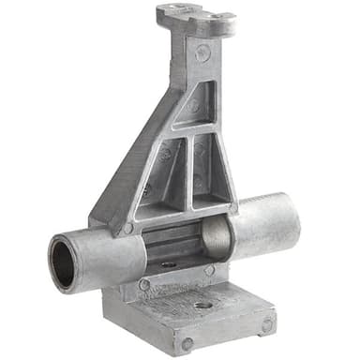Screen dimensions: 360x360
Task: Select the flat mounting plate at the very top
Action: click(195, 16)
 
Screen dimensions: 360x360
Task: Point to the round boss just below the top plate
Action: click(201, 54)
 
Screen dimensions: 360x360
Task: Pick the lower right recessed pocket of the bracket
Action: click(213, 169)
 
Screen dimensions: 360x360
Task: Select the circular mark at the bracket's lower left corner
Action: click(127, 228)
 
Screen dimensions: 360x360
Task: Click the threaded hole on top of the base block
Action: click(203, 306)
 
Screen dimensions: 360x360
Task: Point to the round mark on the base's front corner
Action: click(187, 344)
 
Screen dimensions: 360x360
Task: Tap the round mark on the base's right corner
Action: click(266, 324)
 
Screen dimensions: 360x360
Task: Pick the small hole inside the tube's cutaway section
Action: click(169, 264)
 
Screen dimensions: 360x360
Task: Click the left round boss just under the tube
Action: click(144, 284)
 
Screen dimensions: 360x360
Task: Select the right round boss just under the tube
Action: click(209, 270)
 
